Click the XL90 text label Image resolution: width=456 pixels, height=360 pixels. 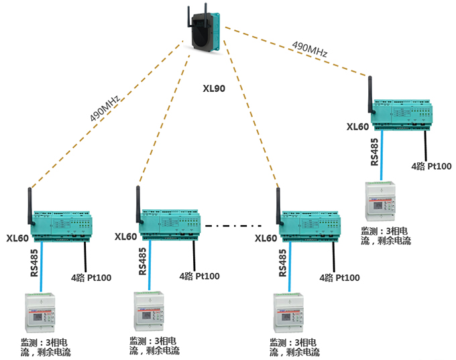[x=215, y=88]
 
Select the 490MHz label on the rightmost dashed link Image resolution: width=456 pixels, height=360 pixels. [x=309, y=48]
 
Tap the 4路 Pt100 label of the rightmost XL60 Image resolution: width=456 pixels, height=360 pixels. [x=431, y=166]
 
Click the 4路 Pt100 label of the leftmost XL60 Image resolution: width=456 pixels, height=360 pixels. [x=91, y=277]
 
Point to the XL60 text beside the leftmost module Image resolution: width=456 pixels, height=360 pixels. [x=17, y=237]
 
